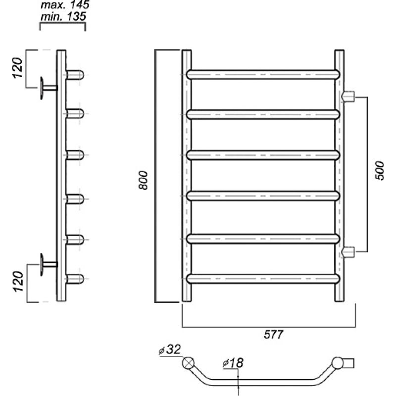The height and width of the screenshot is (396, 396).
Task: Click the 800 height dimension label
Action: click(143, 180)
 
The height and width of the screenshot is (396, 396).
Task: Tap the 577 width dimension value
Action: click(274, 335)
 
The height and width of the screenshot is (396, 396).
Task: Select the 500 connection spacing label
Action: click(379, 171)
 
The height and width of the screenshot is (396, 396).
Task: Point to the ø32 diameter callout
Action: click(170, 349)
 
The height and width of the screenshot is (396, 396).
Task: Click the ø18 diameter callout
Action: click(233, 363)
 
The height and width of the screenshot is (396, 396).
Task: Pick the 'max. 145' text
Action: click(65, 4)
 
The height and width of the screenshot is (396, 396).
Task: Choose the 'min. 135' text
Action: click(63, 17)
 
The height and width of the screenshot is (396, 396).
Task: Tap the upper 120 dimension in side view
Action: click(18, 68)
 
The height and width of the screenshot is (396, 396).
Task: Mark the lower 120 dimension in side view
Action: click(18, 282)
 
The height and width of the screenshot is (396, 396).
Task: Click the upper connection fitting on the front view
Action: click(348, 96)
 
